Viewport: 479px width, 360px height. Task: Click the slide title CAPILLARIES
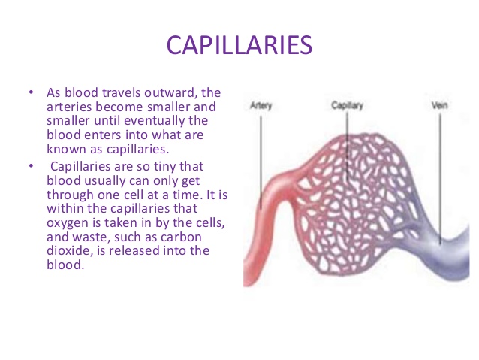[x=239, y=44]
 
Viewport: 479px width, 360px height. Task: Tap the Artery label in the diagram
[x=261, y=106]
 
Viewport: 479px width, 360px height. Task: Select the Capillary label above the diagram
[x=347, y=106]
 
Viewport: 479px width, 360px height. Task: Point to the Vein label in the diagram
[x=440, y=106]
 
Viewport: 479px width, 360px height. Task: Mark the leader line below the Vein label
[x=441, y=173]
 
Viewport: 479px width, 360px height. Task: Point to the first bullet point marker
[x=32, y=92]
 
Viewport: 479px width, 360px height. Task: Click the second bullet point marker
[x=32, y=165]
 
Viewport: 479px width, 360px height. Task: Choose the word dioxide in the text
[x=70, y=251]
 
